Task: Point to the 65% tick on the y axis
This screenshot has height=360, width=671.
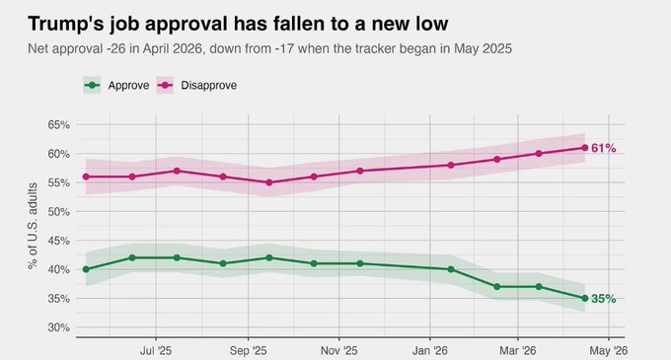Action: (x=56, y=124)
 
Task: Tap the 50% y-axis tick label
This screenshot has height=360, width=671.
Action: (x=56, y=211)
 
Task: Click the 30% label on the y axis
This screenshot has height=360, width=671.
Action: (x=56, y=327)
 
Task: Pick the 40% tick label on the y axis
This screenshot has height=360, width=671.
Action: (x=56, y=269)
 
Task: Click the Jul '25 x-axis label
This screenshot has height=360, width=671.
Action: (x=155, y=349)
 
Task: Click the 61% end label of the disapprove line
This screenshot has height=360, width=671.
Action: (x=604, y=148)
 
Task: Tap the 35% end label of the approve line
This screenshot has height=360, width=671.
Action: (x=604, y=299)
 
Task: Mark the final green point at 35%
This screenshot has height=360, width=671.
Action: (x=585, y=298)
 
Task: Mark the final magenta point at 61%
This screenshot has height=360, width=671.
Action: (x=585, y=148)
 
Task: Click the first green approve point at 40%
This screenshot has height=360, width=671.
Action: (x=87, y=269)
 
